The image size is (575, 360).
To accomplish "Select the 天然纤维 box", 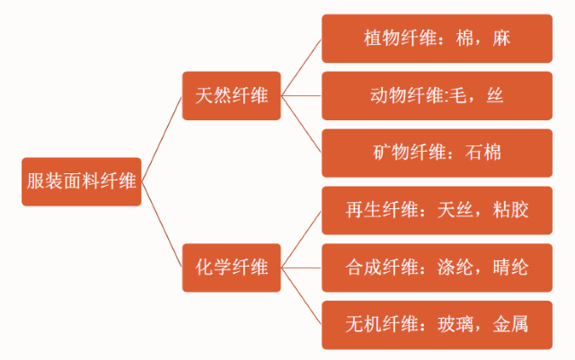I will tap(232, 94).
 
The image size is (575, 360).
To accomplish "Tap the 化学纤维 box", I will tap(232, 267).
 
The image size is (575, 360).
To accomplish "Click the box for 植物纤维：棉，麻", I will tap(436, 39).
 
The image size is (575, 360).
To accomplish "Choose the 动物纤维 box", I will tap(436, 95).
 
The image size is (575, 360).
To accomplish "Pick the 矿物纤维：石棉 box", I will tap(436, 153).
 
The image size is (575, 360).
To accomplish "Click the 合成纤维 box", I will tap(436, 267).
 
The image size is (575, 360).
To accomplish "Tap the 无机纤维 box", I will tap(436, 323).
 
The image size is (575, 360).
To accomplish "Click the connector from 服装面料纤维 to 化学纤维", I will tap(163, 224).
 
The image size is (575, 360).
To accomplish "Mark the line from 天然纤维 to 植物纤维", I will tap(301, 66).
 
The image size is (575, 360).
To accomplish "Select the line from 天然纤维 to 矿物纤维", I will tap(301, 123).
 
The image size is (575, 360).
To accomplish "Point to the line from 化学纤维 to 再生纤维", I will tap(301, 239).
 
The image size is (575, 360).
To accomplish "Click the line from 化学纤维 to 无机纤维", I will tap(301, 295).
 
